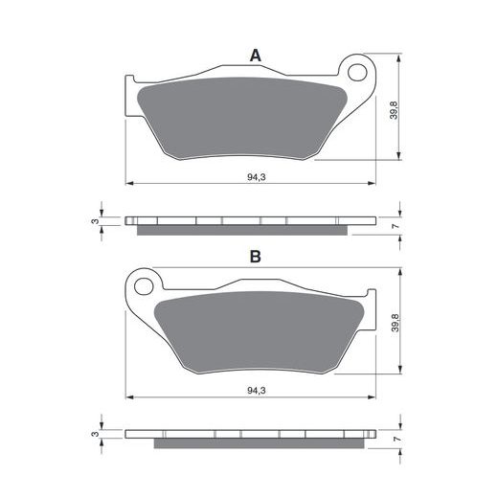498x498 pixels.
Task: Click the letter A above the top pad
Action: click(256, 56)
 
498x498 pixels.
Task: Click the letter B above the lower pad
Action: click(256, 257)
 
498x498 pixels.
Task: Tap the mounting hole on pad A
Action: click(357, 73)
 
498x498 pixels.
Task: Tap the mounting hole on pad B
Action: click(144, 286)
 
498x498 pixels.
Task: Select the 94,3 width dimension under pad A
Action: click(256, 177)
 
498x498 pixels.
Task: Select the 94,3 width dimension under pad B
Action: click(256, 391)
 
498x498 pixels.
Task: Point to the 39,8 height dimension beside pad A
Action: click(395, 110)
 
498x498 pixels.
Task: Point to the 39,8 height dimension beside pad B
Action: click(395, 323)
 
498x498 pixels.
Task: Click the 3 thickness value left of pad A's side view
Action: click(96, 221)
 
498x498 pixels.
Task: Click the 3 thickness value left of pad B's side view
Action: click(95, 434)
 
